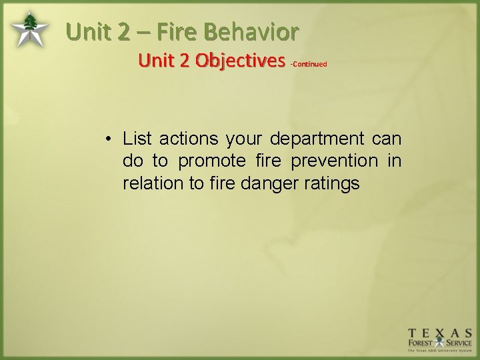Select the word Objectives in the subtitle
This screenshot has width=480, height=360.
coord(241,61)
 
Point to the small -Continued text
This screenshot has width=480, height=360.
coord(308,64)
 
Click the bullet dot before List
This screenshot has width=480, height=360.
coord(107,139)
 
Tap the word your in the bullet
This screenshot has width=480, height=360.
coord(245,139)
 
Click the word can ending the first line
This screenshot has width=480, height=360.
coord(387,139)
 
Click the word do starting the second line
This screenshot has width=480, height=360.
coord(132,161)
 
